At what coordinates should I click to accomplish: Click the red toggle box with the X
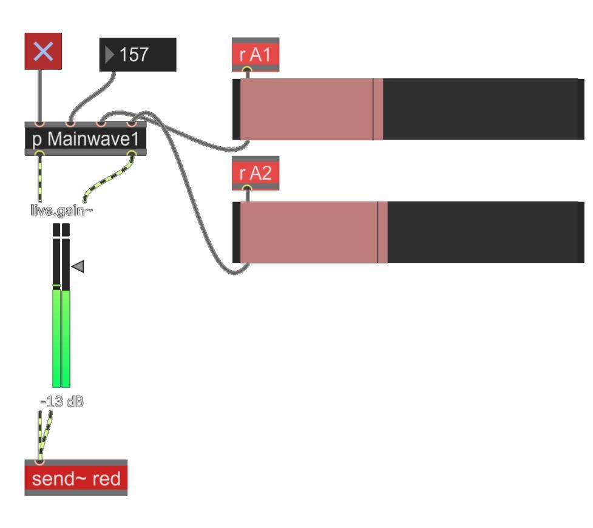pos(43,51)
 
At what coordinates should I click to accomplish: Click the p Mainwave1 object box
pos(86,139)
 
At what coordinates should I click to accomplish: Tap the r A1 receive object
pos(256,55)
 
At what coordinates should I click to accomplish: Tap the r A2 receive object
pos(256,174)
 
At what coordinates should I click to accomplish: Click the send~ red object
pos(76,479)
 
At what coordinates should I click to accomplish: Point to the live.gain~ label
pos(61,211)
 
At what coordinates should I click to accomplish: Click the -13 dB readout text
pos(62,402)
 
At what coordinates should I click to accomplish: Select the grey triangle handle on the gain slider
pos(77,266)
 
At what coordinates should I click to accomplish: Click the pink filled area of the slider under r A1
pos(307,109)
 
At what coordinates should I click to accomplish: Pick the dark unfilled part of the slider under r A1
pos(479,109)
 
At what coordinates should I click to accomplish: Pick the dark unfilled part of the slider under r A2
pos(483,232)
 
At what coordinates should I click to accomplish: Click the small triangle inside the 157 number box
pos(109,55)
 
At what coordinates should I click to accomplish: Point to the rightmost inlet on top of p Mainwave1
pos(132,124)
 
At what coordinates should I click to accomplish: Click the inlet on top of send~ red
pos(39,462)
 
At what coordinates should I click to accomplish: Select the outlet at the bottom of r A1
pos(247,70)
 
